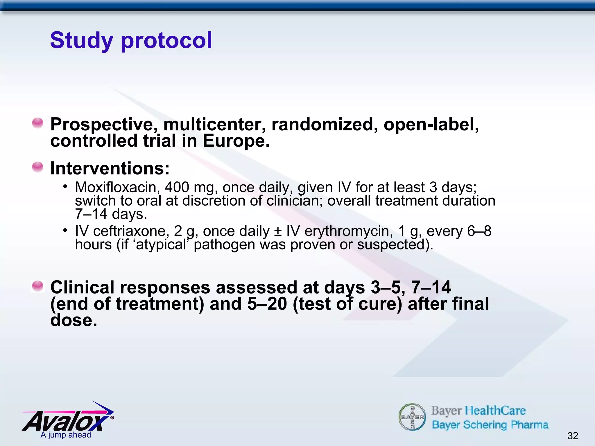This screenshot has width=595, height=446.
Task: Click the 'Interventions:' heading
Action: [x=110, y=168]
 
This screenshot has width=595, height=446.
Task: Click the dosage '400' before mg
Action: [x=177, y=187]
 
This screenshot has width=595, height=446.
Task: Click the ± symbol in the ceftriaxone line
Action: [x=278, y=232]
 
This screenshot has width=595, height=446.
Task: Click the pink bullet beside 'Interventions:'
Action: [x=38, y=167]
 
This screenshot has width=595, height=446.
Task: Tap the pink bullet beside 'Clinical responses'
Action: [x=38, y=286]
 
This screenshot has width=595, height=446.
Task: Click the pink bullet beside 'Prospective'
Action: [x=38, y=123]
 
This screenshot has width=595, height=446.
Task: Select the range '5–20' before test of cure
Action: [x=267, y=304]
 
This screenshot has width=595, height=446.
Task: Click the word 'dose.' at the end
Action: [x=74, y=320]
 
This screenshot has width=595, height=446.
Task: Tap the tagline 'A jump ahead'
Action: [x=66, y=435]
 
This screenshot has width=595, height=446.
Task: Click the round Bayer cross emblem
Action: [x=412, y=417]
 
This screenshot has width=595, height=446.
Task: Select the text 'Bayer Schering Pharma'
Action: [x=490, y=425]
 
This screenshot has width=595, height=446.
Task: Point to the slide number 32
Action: [x=573, y=436]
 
